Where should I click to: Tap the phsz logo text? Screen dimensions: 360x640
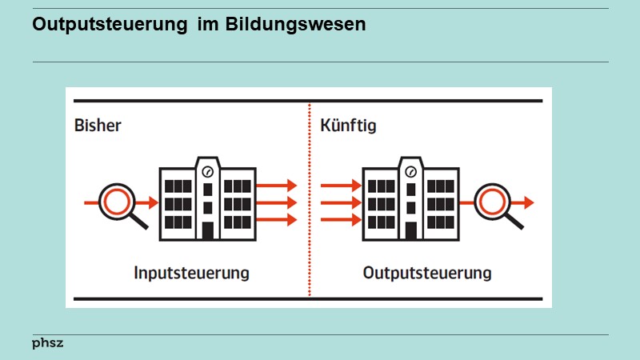tap(47, 343)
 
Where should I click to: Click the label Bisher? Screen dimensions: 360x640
tap(98, 126)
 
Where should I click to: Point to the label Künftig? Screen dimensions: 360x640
tap(348, 126)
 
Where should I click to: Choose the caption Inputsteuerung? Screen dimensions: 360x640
tap(192, 273)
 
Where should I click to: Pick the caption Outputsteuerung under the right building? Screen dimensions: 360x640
tap(427, 273)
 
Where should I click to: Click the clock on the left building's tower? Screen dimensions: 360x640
tap(208, 170)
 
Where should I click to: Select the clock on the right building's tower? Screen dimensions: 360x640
tap(411, 170)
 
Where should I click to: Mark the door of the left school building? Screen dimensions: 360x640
tap(208, 230)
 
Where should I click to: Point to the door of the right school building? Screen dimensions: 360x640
tap(411, 230)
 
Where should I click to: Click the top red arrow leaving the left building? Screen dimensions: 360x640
tap(277, 185)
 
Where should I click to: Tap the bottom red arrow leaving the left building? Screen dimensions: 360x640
tap(277, 220)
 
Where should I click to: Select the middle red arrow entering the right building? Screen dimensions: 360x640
tap(342, 202)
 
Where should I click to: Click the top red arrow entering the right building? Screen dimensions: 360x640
tap(342, 185)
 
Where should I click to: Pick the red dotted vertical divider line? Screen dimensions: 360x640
tap(310, 200)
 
